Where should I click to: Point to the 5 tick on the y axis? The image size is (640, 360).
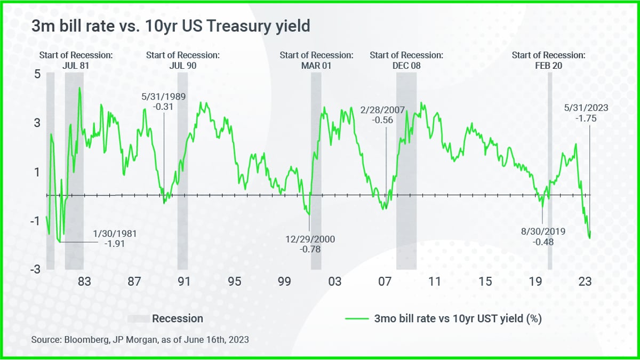[37, 74]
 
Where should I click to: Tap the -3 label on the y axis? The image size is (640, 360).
[35, 269]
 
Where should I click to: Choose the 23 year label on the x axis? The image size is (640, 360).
[585, 281]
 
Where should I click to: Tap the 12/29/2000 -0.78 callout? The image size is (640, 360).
[310, 244]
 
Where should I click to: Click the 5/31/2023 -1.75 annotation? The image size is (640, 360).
[586, 113]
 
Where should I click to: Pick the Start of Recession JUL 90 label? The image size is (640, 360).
[183, 60]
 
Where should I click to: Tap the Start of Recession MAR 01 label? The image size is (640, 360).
[316, 60]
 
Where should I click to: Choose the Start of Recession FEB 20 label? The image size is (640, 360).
[549, 60]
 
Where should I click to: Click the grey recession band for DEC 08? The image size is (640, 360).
[406, 171]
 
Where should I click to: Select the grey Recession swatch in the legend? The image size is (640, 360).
[138, 319]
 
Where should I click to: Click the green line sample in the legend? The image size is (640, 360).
[356, 319]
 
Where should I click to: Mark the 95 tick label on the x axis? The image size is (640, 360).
[234, 281]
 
